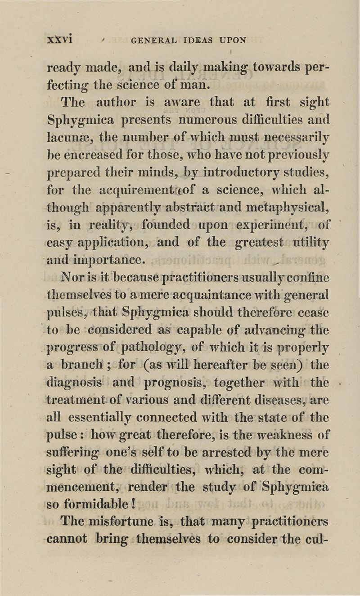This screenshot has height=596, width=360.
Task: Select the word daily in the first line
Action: pos(179,68)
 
